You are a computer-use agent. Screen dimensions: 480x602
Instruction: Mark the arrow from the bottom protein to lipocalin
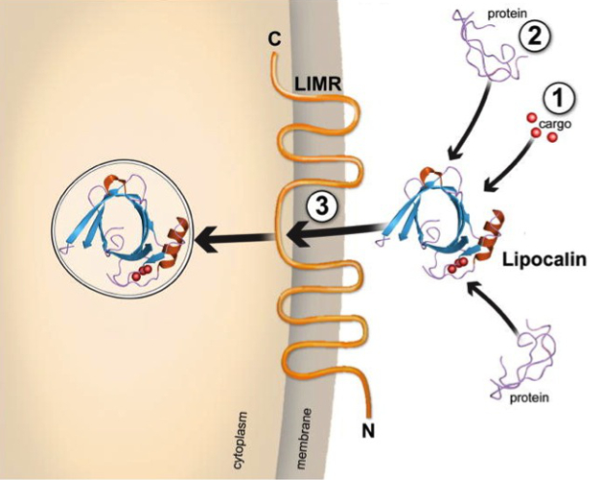(x=495, y=306)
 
